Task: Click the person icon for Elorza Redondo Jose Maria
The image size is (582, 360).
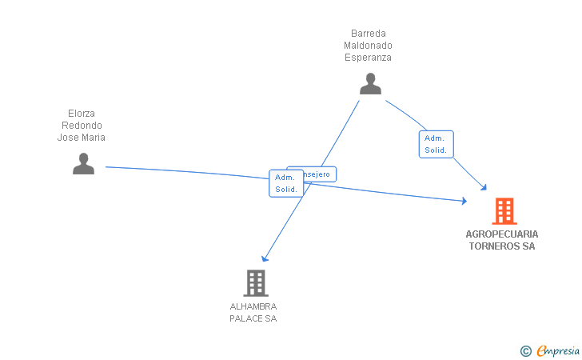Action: [83, 163]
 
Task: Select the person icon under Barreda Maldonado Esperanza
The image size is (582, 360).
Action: [370, 84]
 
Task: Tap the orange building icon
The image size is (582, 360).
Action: [504, 211]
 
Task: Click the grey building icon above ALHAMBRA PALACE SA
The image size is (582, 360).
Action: [255, 282]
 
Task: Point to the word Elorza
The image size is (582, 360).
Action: [82, 114]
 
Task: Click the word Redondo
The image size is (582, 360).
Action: [82, 126]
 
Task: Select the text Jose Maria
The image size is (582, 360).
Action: [82, 138]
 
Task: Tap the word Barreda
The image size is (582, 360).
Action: [369, 34]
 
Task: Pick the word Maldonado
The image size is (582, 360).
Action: [369, 46]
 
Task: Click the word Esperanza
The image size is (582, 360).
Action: [369, 58]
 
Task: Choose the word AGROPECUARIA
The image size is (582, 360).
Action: [502, 234]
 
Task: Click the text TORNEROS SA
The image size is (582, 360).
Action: [502, 246]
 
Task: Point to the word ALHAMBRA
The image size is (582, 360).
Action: [253, 306]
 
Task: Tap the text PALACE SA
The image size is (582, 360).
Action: [253, 318]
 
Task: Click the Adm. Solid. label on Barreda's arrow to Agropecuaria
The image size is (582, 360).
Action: [436, 144]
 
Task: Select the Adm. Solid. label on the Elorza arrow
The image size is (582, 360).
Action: [286, 183]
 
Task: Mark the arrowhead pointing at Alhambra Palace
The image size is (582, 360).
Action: [265, 258]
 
